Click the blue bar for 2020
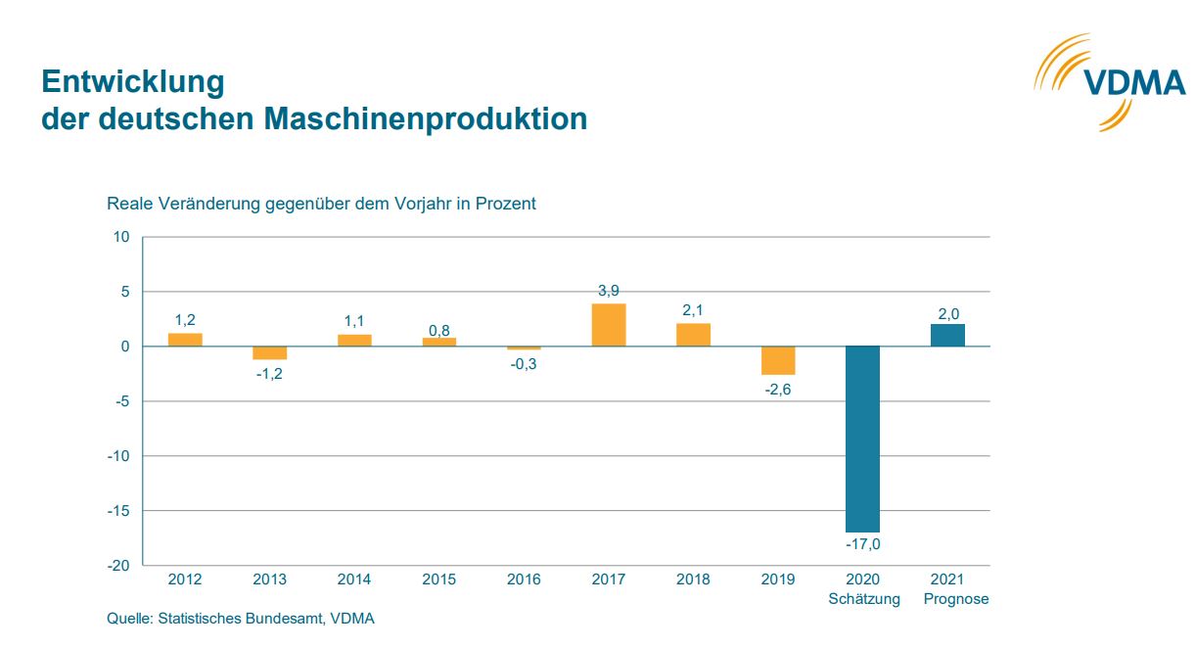862,439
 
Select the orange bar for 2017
609,325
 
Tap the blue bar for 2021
947,335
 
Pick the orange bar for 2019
778,360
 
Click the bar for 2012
185,340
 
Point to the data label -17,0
862,543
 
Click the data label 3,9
609,291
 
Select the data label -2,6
778,388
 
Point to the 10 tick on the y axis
121,237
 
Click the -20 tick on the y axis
118,566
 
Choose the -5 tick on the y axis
122,401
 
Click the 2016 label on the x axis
524,579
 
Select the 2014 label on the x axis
354,579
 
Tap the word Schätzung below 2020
863,599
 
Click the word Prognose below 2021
956,599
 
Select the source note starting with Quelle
241,619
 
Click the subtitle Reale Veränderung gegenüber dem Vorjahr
321,204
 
